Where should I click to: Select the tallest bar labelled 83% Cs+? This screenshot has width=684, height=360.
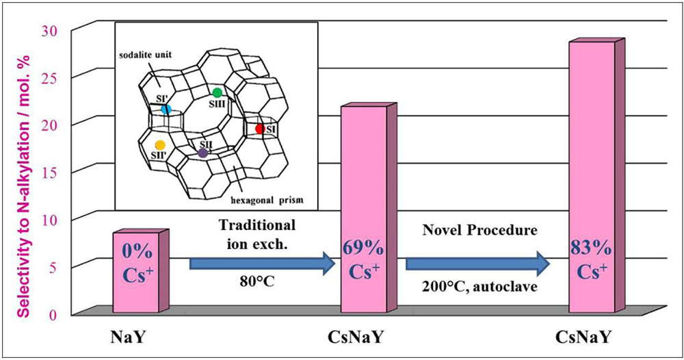tap(596, 176)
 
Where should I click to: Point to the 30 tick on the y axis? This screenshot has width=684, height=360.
tap(49, 31)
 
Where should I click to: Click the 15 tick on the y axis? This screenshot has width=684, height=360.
tap(49, 172)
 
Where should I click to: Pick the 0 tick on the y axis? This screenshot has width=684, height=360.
tap(53, 315)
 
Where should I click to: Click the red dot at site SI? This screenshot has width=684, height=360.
tap(260, 129)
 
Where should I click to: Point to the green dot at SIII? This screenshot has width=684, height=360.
tap(218, 92)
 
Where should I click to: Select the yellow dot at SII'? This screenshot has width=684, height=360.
tap(160, 145)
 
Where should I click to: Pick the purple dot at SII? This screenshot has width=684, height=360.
tap(203, 153)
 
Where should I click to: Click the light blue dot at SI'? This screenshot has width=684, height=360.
tap(166, 109)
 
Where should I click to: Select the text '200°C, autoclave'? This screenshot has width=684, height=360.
tap(479, 287)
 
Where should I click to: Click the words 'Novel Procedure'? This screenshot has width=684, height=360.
tap(479, 230)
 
